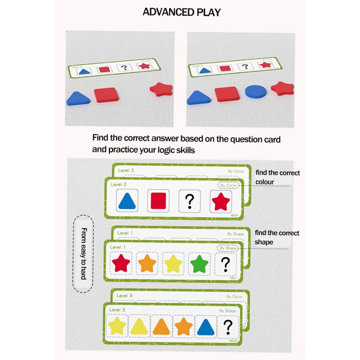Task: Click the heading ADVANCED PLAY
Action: tap(181, 12)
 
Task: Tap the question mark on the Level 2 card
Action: tap(189, 201)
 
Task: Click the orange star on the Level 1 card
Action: tap(147, 263)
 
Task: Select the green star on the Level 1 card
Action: tap(198, 263)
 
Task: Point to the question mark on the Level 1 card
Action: tap(226, 263)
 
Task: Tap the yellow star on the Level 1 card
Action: tap(172, 263)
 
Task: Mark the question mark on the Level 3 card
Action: tap(228, 326)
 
